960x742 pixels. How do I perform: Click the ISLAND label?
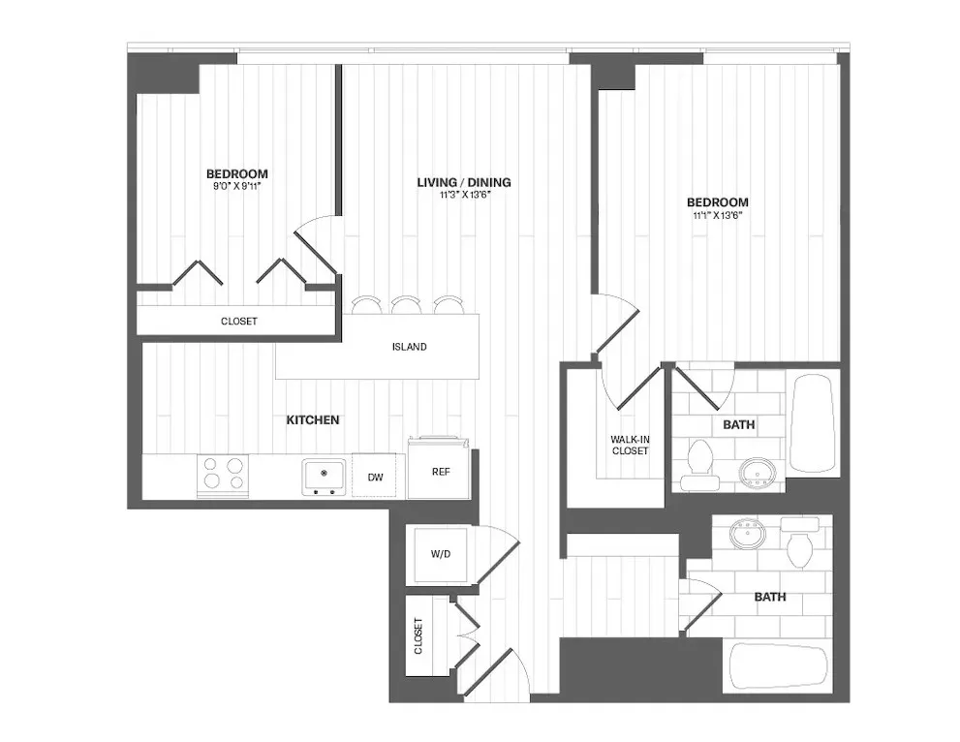click(409, 347)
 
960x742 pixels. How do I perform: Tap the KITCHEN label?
click(312, 420)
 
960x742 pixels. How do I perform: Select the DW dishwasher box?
click(374, 476)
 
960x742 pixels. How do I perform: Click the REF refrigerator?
click(440, 472)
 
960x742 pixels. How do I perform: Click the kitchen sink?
click(324, 475)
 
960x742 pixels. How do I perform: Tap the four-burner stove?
click(223, 476)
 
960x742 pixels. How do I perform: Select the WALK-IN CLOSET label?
click(629, 446)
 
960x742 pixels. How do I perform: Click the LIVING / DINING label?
click(463, 182)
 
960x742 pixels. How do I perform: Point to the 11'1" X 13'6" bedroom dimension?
click(717, 215)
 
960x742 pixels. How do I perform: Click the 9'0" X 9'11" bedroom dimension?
click(236, 186)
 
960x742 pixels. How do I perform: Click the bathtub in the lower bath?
click(775, 666)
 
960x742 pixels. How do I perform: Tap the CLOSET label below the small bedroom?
click(239, 321)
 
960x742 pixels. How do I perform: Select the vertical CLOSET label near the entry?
click(419, 635)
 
